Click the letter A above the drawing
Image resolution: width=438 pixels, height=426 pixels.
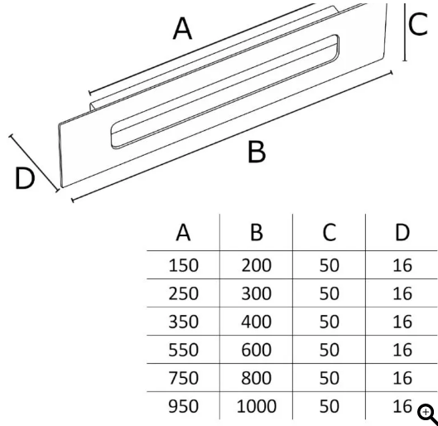pyautogui.click(x=182, y=28)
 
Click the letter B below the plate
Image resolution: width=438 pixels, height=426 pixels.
pyautogui.click(x=257, y=152)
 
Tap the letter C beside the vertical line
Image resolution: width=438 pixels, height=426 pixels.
pyautogui.click(x=418, y=24)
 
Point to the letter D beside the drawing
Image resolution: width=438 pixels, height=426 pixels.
pyautogui.click(x=25, y=178)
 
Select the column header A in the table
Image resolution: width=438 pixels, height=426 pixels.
pyautogui.click(x=183, y=232)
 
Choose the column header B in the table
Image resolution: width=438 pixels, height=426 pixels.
pyautogui.click(x=257, y=232)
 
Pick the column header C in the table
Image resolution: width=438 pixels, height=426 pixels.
pyautogui.click(x=329, y=232)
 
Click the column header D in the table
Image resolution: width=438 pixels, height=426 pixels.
pyautogui.click(x=402, y=232)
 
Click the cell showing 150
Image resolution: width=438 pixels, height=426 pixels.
pyautogui.click(x=184, y=265)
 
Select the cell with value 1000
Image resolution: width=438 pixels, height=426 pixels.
pyautogui.click(x=257, y=406)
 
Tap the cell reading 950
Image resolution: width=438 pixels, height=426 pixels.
pyautogui.click(x=184, y=406)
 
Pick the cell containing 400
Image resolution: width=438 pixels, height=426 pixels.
pyautogui.click(x=257, y=322)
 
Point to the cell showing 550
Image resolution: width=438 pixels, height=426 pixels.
pyautogui.click(x=184, y=350)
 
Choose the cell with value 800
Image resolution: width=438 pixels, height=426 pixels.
pyautogui.click(x=257, y=378)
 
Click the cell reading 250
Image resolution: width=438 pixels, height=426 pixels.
pyautogui.click(x=184, y=293)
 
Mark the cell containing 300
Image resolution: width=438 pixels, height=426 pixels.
pyautogui.click(x=257, y=293)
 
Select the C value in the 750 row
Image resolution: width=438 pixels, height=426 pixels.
pyautogui.click(x=330, y=378)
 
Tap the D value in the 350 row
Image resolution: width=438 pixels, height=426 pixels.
pyautogui.click(x=402, y=322)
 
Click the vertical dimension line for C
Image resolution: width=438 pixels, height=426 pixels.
pyautogui.click(x=405, y=31)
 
